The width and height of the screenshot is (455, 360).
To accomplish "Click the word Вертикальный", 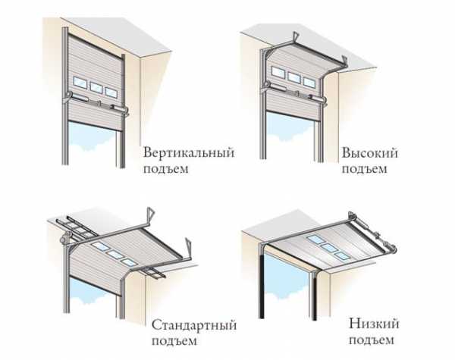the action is pos(189,152).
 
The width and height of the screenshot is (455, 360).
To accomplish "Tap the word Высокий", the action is pos(370,153).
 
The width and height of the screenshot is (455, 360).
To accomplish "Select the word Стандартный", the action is pos(194,325).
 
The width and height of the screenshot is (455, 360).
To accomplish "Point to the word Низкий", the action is pos(374,324).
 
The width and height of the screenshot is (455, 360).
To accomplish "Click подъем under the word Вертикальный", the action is pos(166,168).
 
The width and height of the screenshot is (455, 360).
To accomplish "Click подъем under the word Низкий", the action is pos(372,340).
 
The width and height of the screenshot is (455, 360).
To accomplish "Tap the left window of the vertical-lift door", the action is pos(80,83).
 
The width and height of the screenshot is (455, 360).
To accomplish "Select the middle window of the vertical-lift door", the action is pos(96,87).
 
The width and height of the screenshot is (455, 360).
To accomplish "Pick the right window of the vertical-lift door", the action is pos(111,92).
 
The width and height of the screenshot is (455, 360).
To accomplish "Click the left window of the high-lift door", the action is pos(278,72).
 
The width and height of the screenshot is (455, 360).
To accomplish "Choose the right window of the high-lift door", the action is pos(309,82).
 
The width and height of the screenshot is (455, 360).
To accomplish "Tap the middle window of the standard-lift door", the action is pos(115,255).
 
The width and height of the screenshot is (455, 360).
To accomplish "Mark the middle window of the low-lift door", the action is pos(329,248).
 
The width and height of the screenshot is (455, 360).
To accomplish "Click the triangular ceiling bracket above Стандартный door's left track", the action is pos(151,214).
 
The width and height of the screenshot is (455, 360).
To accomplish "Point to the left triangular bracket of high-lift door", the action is pos(296,37).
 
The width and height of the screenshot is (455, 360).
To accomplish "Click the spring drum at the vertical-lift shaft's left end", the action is pos(68,95).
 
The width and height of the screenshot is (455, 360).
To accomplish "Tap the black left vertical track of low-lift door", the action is pos(262,286).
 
